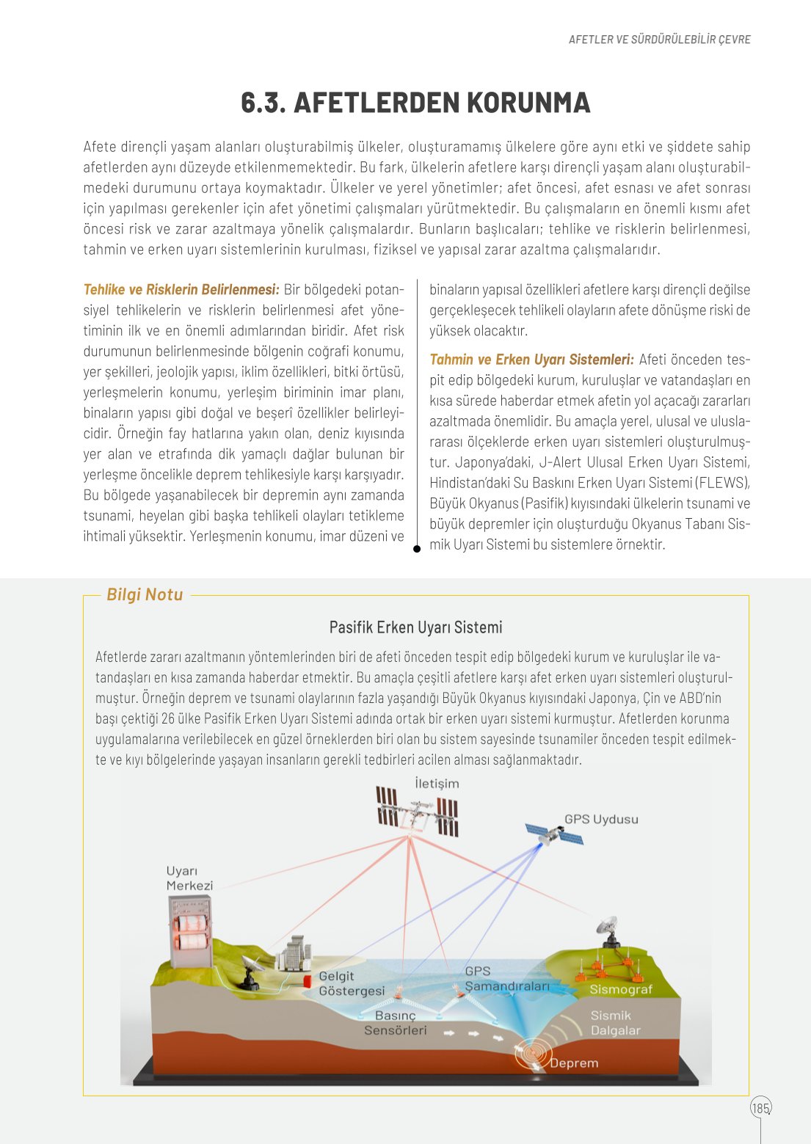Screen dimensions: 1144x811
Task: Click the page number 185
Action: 760,1107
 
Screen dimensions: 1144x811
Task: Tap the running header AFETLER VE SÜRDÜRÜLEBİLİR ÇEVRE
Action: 659,40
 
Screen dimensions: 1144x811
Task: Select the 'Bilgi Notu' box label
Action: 145,594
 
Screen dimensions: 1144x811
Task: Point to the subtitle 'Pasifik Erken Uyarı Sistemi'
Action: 415,627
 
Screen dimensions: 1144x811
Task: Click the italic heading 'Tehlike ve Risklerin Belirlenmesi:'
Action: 181,290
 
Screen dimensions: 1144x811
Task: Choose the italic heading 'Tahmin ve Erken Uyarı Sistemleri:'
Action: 531,360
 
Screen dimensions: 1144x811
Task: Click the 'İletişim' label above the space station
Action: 437,783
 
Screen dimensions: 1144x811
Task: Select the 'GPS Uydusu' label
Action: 601,819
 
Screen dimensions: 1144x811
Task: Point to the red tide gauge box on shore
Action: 308,981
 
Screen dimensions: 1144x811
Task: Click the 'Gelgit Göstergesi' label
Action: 351,983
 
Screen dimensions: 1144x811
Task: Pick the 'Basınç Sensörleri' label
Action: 396,1023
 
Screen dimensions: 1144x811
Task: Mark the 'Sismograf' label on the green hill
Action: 621,989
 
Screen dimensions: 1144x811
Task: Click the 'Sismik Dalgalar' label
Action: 615,1023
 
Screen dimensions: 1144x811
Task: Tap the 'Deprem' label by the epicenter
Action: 573,1063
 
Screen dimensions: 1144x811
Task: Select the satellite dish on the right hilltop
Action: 608,928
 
